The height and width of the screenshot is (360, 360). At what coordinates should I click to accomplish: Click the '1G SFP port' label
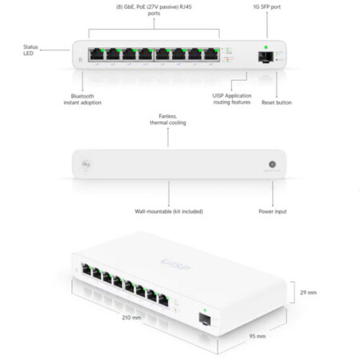pos(266,7)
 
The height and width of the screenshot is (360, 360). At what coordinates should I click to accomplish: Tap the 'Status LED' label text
pos(30,50)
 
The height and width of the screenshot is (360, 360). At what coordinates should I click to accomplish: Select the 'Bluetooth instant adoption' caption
pos(82,99)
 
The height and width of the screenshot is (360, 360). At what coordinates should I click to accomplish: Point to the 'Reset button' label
pos(277,102)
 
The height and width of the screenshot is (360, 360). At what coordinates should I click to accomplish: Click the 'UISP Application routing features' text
pos(232,99)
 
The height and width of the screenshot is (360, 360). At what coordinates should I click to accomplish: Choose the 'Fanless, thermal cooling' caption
pos(168,119)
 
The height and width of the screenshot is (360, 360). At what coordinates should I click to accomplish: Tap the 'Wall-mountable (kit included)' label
pos(169,211)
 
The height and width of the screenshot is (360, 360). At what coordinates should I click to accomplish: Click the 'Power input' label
pos(273,211)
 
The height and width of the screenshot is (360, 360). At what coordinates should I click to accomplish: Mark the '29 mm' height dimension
pos(308,293)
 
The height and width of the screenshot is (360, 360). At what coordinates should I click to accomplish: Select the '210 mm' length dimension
pos(131,318)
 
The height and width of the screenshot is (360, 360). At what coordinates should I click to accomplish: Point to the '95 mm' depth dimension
pos(258,336)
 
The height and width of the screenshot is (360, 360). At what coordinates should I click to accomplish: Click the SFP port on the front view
pos(266,57)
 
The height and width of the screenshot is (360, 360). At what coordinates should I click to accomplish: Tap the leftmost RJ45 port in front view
pos(97,54)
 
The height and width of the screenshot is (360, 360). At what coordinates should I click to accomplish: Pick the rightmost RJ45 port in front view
pos(211,54)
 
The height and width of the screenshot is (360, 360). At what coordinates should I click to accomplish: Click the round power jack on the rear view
pos(272,164)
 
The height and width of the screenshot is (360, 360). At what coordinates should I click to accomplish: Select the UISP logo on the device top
pos(175,264)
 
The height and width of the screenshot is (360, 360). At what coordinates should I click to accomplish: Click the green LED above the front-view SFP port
pos(266,47)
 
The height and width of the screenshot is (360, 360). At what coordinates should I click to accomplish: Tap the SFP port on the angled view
pos(205,319)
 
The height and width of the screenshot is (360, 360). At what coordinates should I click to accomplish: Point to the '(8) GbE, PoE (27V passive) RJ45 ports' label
pos(154,10)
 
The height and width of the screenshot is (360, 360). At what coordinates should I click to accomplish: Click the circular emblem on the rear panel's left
pos(86,164)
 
